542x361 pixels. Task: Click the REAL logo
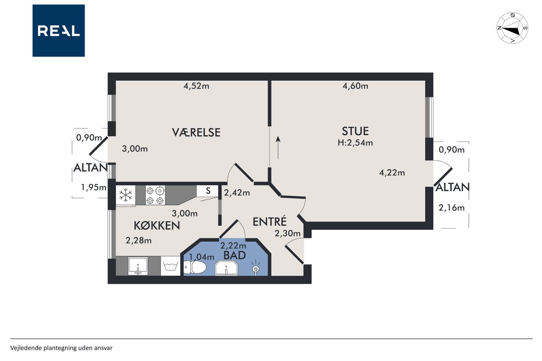(x=58, y=31)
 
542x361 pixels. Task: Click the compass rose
(x=512, y=28)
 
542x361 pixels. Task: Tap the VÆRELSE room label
(x=196, y=132)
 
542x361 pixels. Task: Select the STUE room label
(x=355, y=131)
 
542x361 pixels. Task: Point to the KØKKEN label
(x=157, y=226)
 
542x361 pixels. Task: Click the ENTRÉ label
(x=270, y=221)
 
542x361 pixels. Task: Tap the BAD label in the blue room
(x=235, y=255)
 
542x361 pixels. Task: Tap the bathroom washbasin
(x=227, y=268)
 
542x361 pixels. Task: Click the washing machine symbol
(x=170, y=266)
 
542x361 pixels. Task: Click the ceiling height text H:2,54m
(x=355, y=143)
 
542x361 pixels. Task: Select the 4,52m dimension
(x=196, y=86)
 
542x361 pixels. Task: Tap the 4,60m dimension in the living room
(x=355, y=86)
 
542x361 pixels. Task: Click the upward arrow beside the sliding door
(x=278, y=148)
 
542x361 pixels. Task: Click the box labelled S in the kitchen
(x=207, y=191)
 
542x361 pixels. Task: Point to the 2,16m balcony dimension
(x=451, y=208)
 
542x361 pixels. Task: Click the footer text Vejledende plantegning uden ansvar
(x=61, y=348)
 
